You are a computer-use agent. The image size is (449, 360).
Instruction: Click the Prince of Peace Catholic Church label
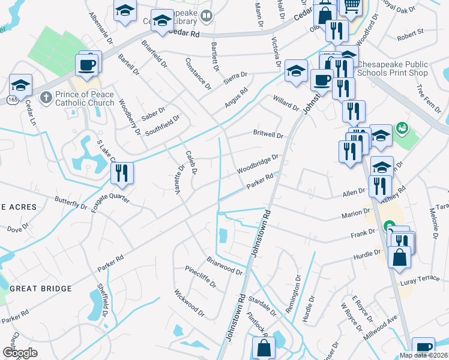[84, 98]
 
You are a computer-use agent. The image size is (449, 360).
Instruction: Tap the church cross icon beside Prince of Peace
[45, 97]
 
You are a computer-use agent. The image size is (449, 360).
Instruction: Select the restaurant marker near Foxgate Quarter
[122, 173]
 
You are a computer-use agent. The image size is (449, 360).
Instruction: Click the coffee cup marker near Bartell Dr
[86, 64]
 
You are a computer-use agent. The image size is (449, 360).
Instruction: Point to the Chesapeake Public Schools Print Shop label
[393, 68]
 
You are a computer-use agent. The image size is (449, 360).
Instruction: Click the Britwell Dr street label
[268, 135]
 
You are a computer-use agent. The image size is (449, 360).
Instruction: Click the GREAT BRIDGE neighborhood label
[41, 289]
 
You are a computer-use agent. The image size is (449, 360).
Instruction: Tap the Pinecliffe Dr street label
[199, 276]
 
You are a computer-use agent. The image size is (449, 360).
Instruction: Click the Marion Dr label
[355, 213]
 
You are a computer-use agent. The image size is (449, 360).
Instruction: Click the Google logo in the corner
[20, 352]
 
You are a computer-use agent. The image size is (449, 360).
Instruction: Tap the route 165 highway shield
[12, 100]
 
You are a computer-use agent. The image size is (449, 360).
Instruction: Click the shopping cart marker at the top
[351, 6]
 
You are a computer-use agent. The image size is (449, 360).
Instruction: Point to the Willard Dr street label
[286, 103]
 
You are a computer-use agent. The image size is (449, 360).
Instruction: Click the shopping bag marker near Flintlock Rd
[264, 347]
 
